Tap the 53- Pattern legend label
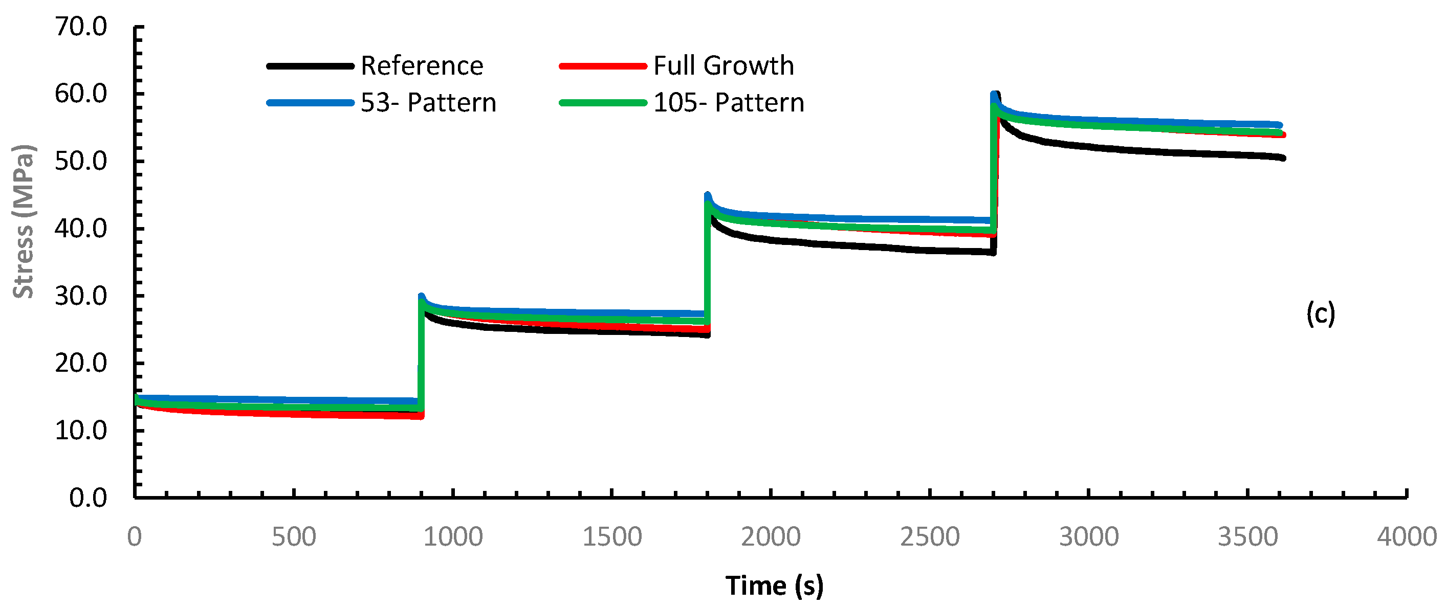click(x=428, y=103)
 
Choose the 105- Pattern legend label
click(x=729, y=103)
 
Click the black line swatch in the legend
click(x=310, y=66)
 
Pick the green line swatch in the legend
click(x=603, y=103)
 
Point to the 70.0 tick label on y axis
click(x=81, y=27)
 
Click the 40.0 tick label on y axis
click(x=81, y=229)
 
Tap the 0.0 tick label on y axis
click(x=87, y=498)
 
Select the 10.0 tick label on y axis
click(x=81, y=431)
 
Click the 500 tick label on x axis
click(x=294, y=537)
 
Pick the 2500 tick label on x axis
click(x=930, y=537)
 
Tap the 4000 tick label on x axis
click(x=1407, y=537)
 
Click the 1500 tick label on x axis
click(x=612, y=537)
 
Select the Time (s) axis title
click(x=774, y=586)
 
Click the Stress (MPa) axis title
click(x=24, y=221)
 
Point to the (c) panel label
click(x=1320, y=314)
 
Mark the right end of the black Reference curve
click(x=1283, y=159)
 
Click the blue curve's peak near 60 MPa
click(x=994, y=95)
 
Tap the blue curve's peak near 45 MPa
click(x=707, y=195)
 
